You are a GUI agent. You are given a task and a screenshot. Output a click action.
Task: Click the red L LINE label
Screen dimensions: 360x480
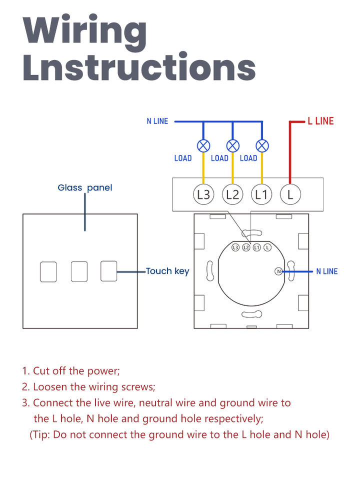pos(320,121)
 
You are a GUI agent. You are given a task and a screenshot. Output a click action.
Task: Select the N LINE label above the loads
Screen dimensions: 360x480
pos(157,121)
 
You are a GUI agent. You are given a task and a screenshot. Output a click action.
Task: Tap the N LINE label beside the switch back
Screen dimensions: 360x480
pos(327,271)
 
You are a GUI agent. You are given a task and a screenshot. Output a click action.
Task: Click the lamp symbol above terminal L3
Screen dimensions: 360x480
pos(203,145)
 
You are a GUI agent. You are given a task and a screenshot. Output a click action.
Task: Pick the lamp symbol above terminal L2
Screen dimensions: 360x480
pos(232,145)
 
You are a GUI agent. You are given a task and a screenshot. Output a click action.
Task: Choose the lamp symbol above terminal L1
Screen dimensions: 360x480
pos(262,145)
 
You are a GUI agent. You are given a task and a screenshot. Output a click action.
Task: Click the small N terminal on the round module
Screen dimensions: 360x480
pos(278,271)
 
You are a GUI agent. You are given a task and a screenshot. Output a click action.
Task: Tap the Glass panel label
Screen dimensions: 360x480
pos(85,187)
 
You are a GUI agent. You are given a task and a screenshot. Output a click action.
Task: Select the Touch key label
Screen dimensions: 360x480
pos(167,271)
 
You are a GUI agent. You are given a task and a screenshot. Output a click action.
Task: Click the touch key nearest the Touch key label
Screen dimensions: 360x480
pos(108,271)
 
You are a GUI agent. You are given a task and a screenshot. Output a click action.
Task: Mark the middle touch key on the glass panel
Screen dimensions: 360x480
pos(79,271)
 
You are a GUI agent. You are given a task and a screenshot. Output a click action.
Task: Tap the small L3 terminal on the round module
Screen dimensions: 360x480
pos(235,247)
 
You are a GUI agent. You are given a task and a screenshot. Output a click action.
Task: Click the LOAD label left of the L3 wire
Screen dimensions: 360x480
pos(183,158)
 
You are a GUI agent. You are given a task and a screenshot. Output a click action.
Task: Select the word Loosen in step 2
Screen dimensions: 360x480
pos(50,387)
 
